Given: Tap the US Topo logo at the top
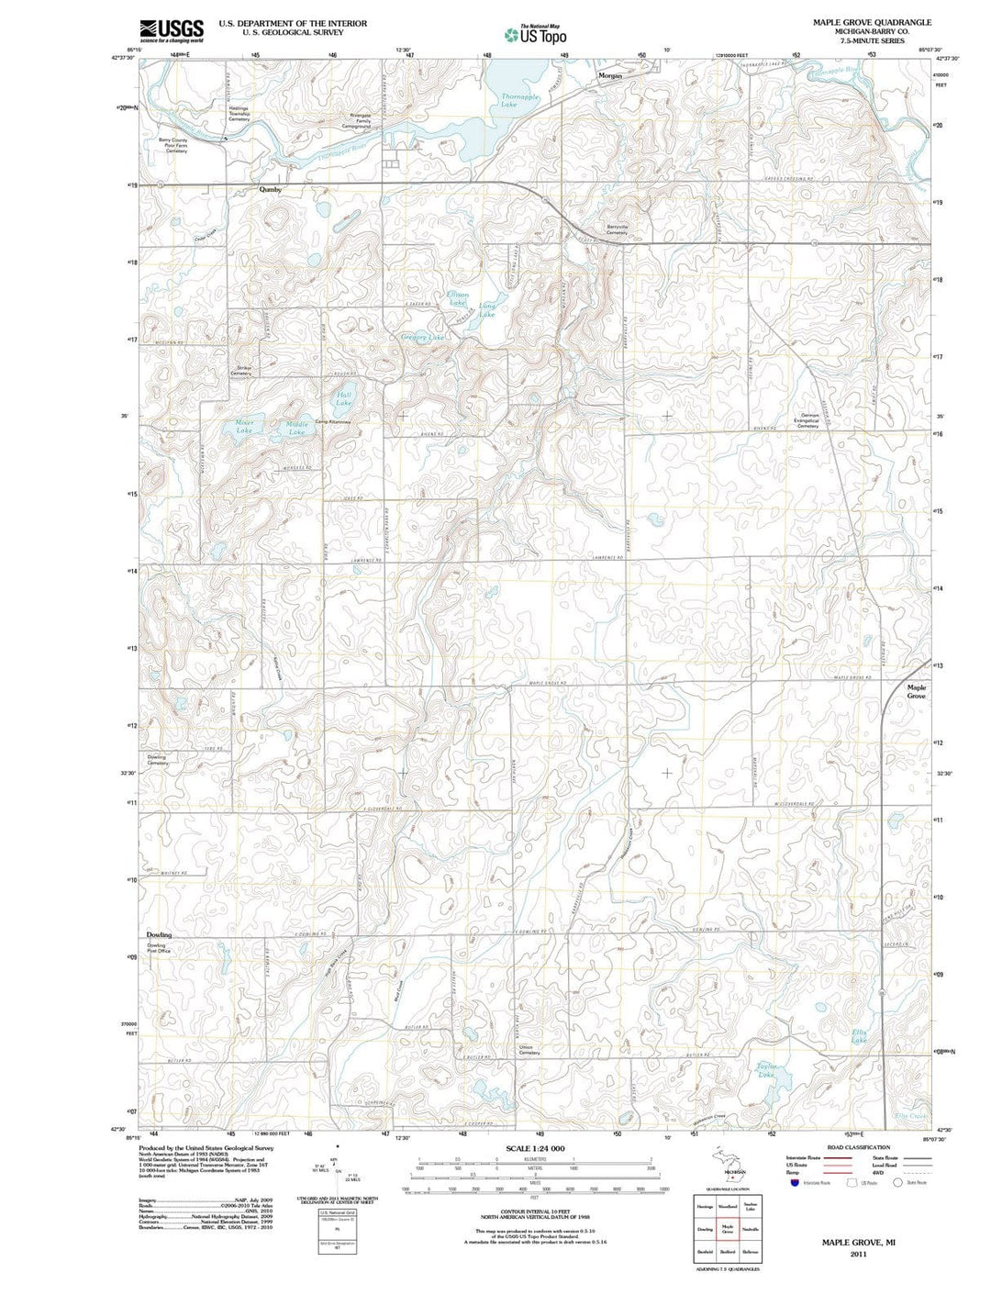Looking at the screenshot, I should point(535,34).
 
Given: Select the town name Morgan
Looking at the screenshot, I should point(610,76).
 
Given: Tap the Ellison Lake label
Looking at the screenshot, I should point(457,298).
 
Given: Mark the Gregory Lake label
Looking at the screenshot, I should point(423,338).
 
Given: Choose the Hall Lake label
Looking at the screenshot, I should point(343,398).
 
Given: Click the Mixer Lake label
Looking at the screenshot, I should point(244,426).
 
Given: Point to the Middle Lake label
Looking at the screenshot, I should point(297,428).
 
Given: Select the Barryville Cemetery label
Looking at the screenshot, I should point(617,229).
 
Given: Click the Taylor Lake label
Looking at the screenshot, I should point(766,1068).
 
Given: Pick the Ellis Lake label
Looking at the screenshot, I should point(859,1036).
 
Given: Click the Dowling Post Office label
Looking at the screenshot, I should point(158,948).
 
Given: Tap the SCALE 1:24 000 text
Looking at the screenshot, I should point(535,1149).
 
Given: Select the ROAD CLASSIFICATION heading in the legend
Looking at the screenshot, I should point(858,1147).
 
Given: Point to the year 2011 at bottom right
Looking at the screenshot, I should point(858,1253).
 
